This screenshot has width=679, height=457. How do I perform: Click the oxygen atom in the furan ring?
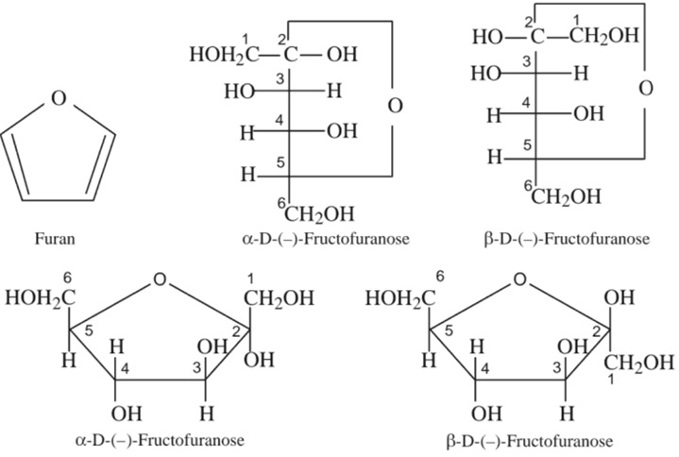59,98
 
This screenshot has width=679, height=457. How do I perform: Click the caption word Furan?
59,240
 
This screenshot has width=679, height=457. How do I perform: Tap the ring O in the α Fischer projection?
394,105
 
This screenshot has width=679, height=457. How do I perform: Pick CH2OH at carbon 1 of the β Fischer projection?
603,37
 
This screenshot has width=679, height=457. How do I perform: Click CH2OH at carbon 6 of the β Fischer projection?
567,196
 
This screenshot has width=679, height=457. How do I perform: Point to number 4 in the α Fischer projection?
280,120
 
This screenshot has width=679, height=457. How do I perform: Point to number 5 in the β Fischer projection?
528,144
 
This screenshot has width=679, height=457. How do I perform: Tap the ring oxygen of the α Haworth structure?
161,279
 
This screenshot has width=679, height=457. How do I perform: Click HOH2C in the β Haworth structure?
399,298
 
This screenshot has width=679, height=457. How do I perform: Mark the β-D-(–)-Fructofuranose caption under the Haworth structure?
527,441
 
